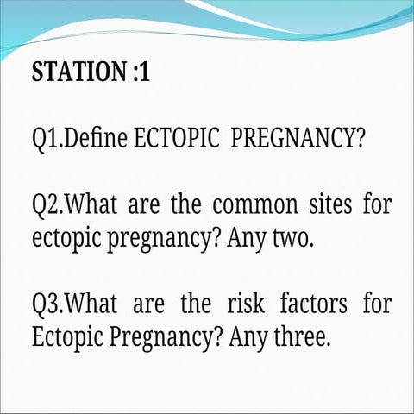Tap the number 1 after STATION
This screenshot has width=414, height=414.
[x=144, y=72]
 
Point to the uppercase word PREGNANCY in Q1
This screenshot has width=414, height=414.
[x=292, y=140]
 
